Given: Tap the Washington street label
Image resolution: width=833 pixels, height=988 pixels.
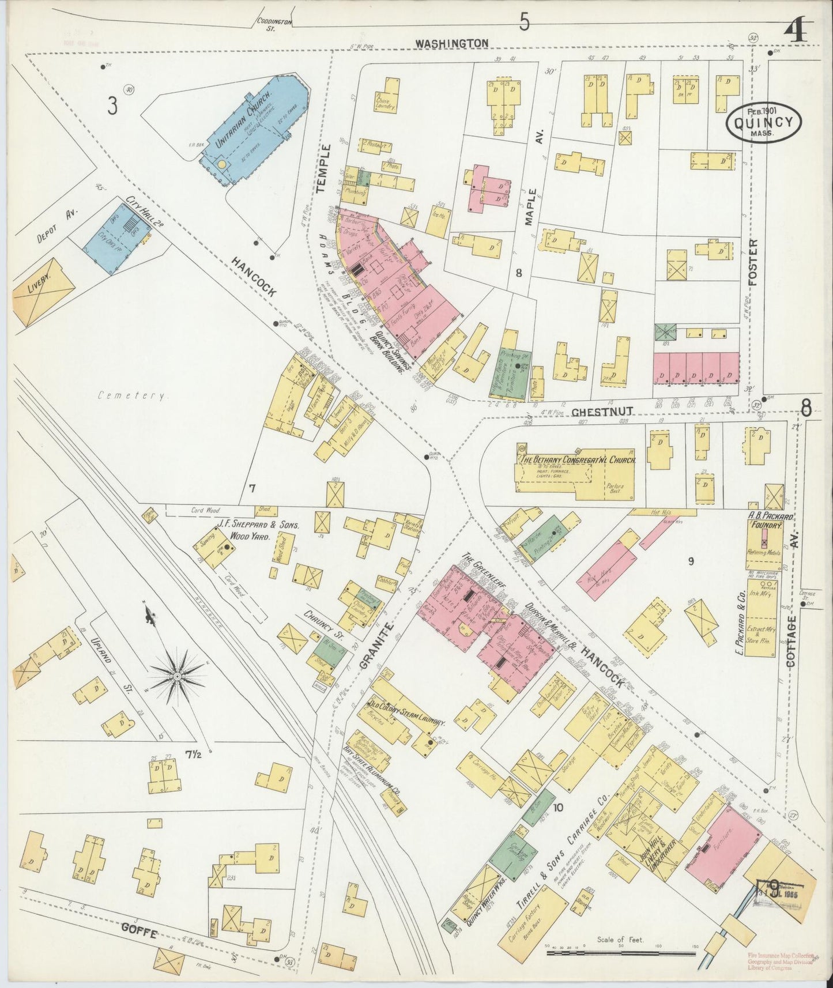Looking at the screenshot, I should pyautogui.click(x=452, y=43).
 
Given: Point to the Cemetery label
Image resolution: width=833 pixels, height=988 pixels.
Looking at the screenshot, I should pyautogui.click(x=133, y=396).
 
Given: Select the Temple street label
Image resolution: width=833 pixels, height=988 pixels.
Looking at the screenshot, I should pyautogui.click(x=325, y=168).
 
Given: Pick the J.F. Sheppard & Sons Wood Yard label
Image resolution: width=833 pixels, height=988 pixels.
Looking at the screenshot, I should pyautogui.click(x=251, y=529).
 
